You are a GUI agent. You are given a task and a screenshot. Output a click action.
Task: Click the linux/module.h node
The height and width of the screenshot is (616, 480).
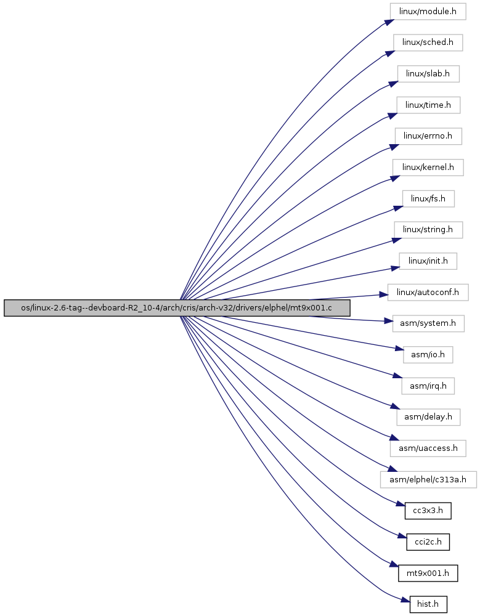[428, 11]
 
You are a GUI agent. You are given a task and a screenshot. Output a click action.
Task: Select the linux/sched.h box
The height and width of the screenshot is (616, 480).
[428, 43]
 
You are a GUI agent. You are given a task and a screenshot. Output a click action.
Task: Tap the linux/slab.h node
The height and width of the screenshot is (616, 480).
[428, 74]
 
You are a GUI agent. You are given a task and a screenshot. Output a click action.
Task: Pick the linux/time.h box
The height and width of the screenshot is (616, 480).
[428, 105]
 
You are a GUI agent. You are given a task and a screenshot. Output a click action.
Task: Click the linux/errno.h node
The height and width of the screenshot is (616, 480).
[428, 136]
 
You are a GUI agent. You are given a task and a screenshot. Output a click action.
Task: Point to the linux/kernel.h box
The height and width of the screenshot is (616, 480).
[428, 168]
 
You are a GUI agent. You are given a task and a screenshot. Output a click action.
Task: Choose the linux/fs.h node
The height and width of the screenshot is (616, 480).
[428, 199]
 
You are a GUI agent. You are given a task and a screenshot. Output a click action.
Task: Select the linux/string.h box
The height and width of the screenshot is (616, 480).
[428, 229]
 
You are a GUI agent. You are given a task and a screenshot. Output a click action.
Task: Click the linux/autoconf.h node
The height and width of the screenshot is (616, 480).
[428, 292]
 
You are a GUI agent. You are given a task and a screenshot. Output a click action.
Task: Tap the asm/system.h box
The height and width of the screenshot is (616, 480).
[428, 323]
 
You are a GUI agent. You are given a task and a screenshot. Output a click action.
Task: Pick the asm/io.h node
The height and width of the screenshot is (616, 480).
[428, 355]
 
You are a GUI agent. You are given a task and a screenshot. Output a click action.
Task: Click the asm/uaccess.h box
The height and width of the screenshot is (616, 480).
[428, 448]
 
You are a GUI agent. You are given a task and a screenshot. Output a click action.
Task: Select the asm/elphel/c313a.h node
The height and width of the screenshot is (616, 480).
[428, 480]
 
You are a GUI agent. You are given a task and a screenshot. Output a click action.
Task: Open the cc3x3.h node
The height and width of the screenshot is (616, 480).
[428, 511]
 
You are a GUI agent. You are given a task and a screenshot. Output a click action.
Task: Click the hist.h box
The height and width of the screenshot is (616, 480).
[428, 604]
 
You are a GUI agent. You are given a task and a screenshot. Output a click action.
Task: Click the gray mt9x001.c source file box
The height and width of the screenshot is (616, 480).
[176, 308]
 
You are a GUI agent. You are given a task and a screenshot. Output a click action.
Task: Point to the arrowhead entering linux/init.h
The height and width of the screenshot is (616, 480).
[395, 269]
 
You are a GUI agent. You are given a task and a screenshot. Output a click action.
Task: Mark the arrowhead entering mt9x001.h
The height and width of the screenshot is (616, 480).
[394, 565]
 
